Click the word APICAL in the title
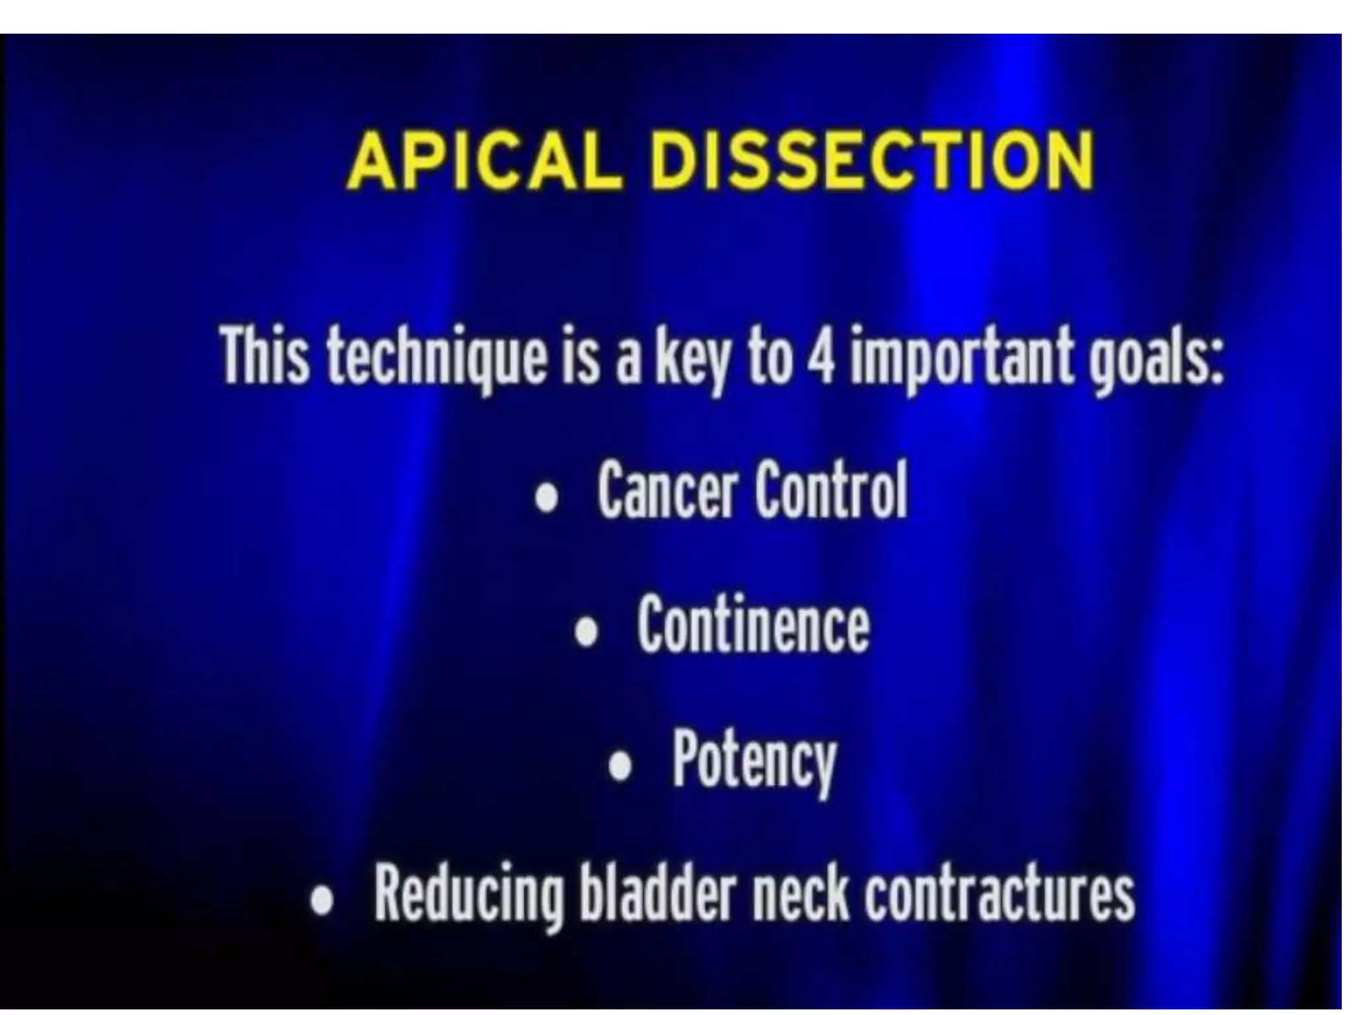484,161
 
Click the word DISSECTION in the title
872,161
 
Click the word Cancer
667,490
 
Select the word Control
831,490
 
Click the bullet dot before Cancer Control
546,498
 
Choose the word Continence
753,624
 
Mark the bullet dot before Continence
586,632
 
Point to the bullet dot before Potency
620,767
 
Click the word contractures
1000,895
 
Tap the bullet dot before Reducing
322,901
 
